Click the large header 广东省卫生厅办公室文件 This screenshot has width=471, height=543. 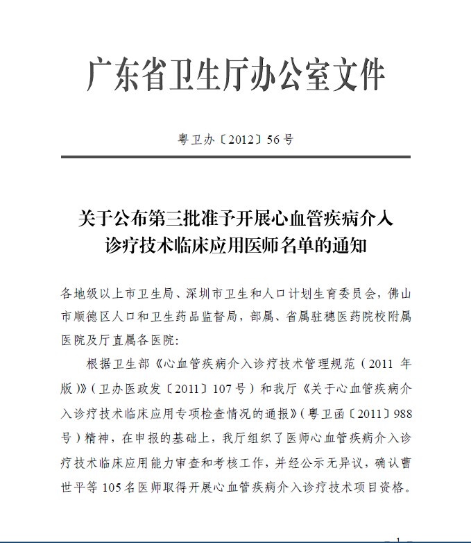(235, 76)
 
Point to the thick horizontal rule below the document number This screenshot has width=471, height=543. (235, 158)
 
